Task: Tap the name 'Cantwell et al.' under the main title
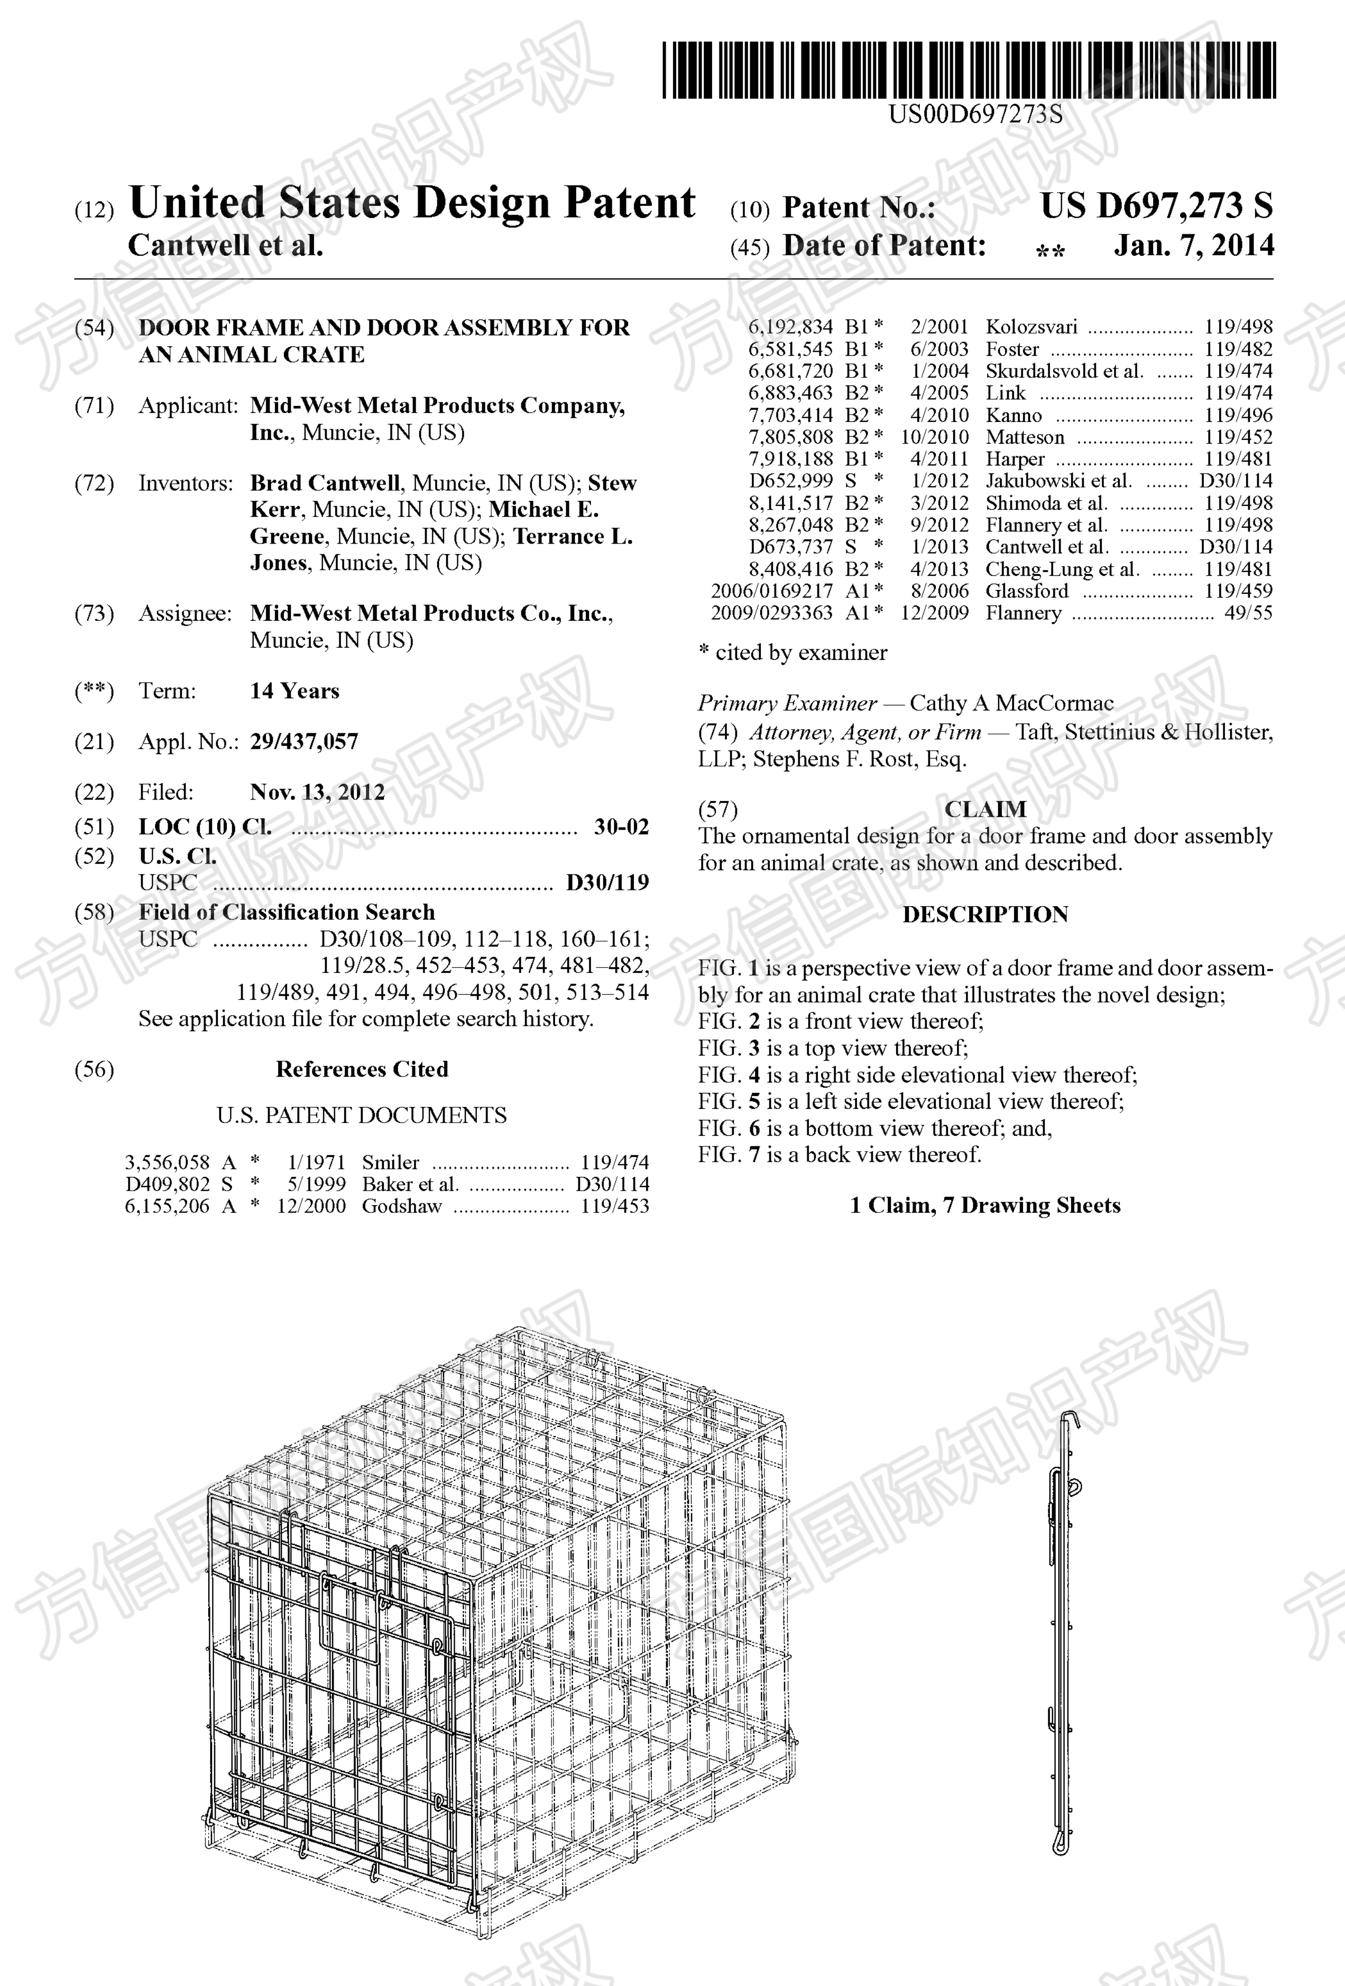[226, 246]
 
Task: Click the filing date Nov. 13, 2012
[317, 792]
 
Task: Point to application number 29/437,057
[303, 742]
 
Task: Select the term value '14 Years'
[294, 691]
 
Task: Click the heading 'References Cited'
[362, 1069]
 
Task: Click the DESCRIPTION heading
[985, 914]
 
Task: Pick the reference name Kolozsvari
[1031, 327]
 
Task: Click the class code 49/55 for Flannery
[1248, 613]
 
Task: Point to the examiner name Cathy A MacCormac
[1011, 703]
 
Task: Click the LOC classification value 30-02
[621, 826]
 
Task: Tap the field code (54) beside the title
[94, 328]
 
